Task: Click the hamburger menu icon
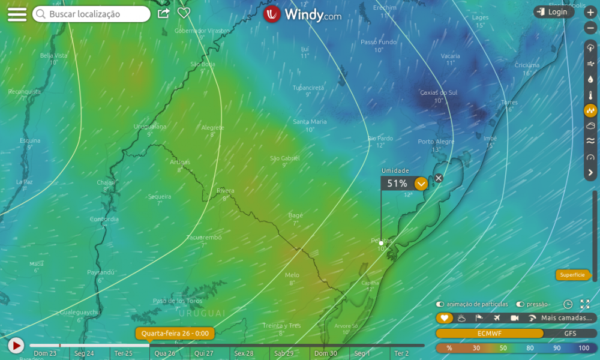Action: pos(17,14)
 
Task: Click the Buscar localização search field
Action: pos(91,14)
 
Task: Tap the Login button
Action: pos(553,12)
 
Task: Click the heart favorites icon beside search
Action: pos(184,13)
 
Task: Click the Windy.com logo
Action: pos(302,14)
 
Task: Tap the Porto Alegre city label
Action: pos(436,142)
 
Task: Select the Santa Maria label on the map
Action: pos(310,122)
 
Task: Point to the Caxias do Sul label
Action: pos(438,93)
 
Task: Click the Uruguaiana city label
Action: pos(150,127)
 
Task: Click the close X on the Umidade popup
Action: pos(439,178)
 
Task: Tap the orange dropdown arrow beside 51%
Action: pos(421,184)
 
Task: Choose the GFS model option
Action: pos(570,334)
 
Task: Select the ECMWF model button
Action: pos(489,334)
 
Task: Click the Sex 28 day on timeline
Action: pos(244,353)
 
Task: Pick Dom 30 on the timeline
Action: pos(325,353)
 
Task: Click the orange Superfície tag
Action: pos(572,275)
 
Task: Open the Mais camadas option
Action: pos(567,318)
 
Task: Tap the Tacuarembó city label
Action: pos(203,238)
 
